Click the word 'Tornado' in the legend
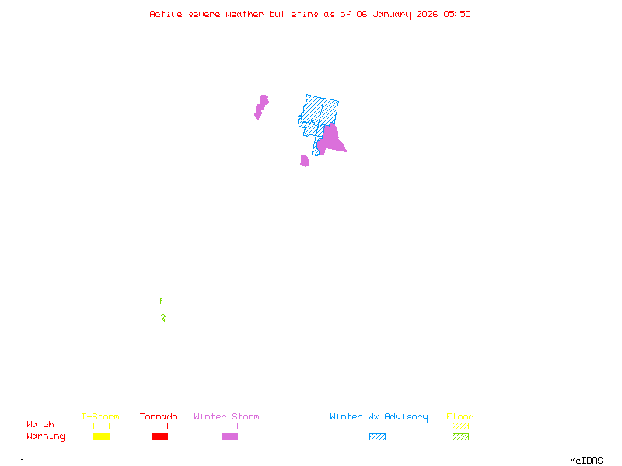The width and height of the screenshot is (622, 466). click(x=159, y=417)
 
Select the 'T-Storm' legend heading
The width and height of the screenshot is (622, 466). click(x=100, y=417)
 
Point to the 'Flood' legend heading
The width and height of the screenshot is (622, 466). click(x=460, y=417)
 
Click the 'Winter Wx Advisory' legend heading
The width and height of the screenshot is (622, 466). click(x=379, y=417)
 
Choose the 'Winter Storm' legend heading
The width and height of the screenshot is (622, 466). click(x=226, y=417)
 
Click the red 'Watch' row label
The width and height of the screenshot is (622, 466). click(x=40, y=425)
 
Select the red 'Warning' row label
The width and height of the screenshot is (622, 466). click(x=46, y=436)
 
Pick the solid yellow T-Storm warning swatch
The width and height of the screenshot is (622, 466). click(x=101, y=437)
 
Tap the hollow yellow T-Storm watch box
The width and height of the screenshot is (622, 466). click(x=101, y=426)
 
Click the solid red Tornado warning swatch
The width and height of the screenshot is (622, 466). click(x=159, y=437)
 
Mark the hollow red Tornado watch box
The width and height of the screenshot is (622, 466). click(x=159, y=426)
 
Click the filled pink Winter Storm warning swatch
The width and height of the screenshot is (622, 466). click(x=229, y=437)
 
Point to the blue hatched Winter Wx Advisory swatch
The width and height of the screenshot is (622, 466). click(x=377, y=437)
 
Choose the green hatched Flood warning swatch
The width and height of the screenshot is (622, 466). click(x=460, y=437)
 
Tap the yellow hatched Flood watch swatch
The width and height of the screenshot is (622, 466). click(x=460, y=426)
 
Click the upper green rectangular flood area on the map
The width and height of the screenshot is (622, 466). click(x=161, y=301)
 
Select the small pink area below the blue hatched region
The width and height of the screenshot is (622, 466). click(x=305, y=161)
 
